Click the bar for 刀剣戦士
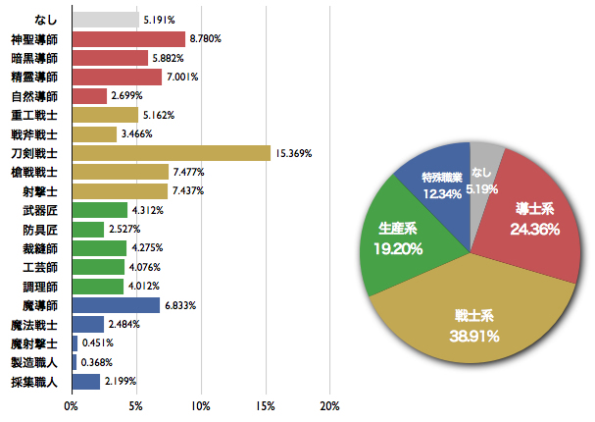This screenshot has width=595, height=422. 171,153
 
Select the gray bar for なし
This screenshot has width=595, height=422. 105,20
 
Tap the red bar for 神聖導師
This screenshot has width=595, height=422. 128,39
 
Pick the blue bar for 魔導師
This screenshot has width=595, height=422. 116,305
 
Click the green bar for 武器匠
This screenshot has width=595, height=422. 99,210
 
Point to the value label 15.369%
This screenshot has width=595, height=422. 295,153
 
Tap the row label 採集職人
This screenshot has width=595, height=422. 35,381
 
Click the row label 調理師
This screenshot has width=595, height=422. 40,286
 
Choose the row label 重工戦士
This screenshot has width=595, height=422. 35,115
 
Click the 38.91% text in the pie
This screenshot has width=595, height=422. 475,336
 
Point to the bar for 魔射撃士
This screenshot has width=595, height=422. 74,343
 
